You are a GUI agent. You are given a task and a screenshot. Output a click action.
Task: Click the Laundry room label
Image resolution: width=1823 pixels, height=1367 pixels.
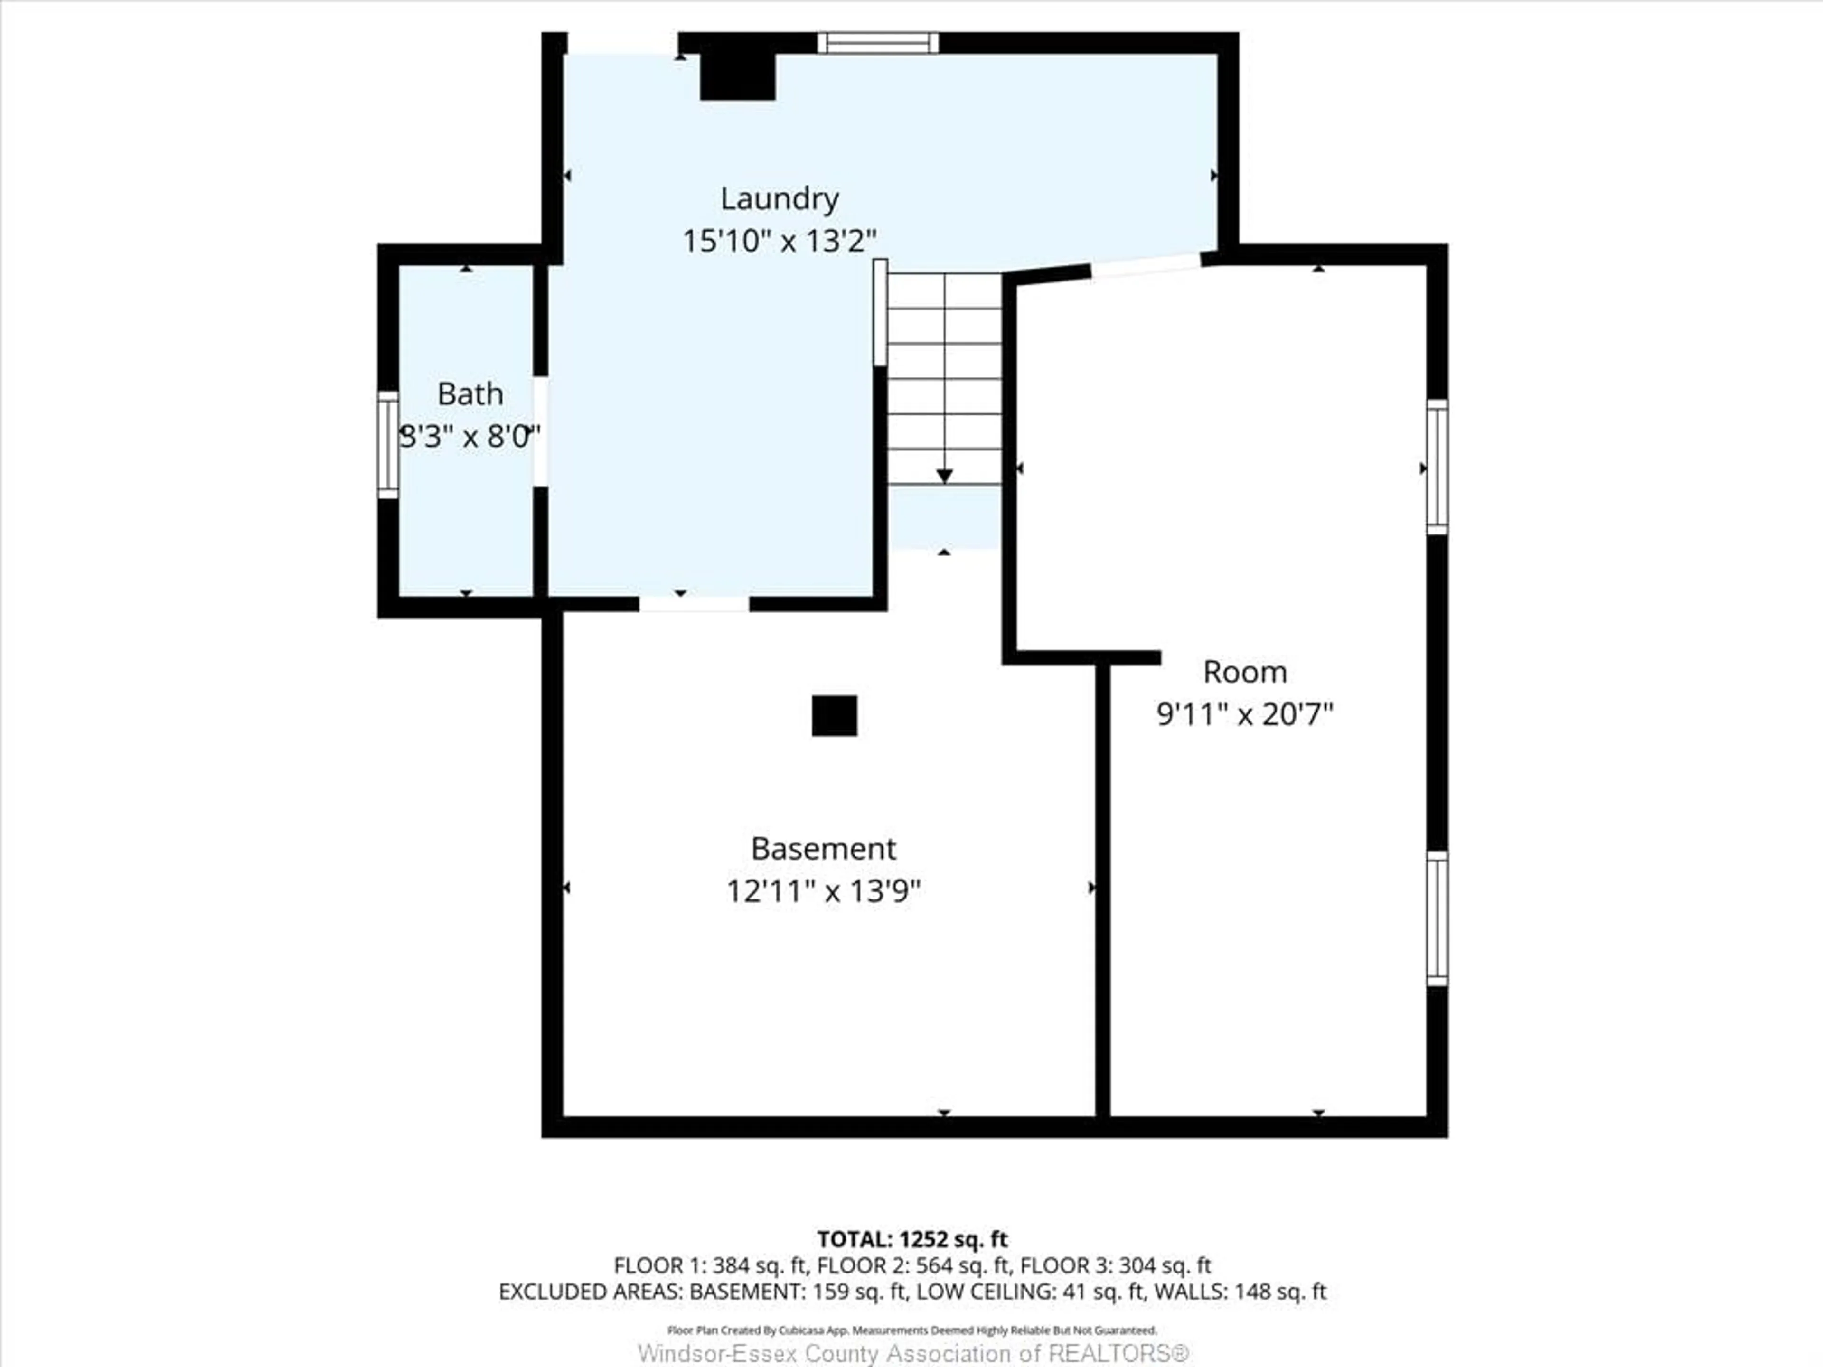779,198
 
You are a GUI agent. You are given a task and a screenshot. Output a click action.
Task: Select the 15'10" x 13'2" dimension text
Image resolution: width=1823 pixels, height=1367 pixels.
779,242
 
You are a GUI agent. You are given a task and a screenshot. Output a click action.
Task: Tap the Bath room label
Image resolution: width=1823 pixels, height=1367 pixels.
470,394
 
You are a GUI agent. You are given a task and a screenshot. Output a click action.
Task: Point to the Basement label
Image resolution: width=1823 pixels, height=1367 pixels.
823,849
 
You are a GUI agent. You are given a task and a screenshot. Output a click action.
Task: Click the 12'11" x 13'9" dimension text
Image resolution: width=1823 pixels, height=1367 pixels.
823,891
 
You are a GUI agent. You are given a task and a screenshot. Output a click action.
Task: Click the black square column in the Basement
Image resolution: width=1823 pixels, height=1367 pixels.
834,715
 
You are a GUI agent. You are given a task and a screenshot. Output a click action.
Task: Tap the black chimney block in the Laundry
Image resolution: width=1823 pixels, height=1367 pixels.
738,76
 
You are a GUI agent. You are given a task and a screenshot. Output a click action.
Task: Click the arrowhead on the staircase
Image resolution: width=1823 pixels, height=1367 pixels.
944,476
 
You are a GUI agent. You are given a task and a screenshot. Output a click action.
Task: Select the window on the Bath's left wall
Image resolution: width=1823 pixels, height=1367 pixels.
387,445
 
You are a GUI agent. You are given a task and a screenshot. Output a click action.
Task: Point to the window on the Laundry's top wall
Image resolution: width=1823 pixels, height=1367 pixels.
878,43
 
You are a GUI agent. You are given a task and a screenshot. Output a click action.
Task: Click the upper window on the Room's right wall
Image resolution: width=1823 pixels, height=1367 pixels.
1437,467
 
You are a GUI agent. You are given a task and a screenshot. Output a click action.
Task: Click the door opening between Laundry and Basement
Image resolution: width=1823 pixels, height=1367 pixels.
694,604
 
